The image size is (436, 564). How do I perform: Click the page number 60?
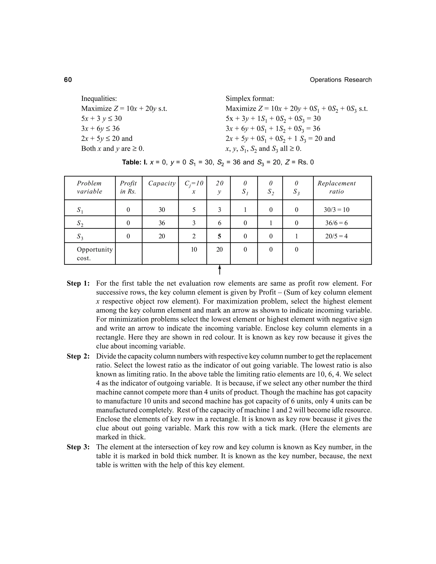click(x=68, y=80)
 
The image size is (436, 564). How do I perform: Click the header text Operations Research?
click(x=340, y=80)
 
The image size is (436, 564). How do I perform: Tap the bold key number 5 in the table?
click(x=219, y=236)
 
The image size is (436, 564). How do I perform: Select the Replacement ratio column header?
click(x=336, y=187)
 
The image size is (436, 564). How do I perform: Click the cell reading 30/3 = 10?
click(x=336, y=210)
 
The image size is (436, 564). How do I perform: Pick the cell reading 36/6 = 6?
click(x=336, y=223)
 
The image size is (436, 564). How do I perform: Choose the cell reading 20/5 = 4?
click(x=336, y=236)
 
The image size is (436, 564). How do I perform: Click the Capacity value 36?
click(x=162, y=223)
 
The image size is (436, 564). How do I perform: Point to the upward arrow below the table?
click(x=219, y=270)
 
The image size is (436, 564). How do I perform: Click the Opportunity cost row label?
click(x=95, y=254)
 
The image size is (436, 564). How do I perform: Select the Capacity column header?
click(x=162, y=183)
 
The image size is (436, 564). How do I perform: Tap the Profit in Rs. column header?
click(x=128, y=187)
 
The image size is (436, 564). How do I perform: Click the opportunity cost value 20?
click(x=219, y=249)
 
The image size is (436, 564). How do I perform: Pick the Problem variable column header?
click(x=89, y=187)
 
